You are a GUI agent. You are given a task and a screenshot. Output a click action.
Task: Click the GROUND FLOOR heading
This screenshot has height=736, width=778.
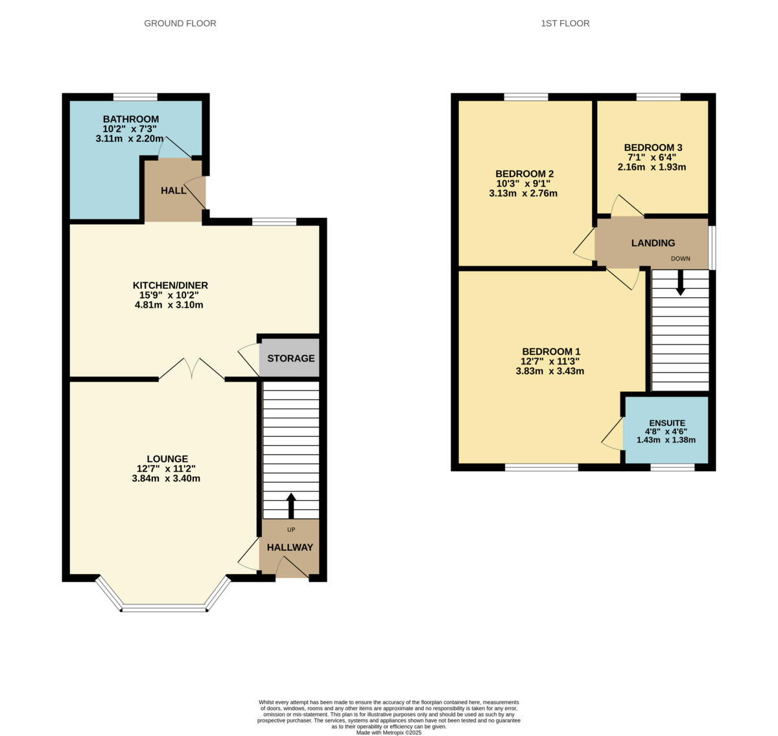point(180,23)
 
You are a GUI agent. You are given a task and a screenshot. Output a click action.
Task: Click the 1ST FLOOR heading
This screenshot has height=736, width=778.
point(565,23)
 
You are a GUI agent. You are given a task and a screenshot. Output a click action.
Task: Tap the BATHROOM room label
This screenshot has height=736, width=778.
point(130,119)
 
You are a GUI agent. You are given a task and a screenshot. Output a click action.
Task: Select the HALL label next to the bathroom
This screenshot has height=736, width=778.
point(173,190)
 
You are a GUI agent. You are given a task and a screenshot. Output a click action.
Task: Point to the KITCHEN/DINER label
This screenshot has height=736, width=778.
point(170,286)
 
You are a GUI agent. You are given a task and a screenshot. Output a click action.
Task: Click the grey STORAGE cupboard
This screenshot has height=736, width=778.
point(290,358)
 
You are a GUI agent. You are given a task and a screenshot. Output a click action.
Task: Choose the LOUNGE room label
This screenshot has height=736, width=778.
point(167,459)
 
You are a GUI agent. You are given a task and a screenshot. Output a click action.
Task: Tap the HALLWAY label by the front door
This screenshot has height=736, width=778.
point(290,547)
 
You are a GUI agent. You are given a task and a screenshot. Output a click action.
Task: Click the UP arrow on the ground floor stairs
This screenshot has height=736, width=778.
point(290,505)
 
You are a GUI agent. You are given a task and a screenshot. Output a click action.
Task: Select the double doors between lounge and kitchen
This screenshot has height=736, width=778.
point(192,369)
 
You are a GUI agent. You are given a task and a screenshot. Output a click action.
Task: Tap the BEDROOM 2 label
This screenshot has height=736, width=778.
point(524,174)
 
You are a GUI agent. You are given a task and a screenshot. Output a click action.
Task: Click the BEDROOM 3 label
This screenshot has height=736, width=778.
point(653,148)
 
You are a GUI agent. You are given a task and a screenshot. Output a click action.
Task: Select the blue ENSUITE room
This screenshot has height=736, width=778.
point(666,430)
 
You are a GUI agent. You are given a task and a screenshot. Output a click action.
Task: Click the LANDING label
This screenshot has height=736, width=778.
point(653,243)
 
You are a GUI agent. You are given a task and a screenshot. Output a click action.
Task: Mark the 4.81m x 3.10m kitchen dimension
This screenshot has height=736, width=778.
point(169,305)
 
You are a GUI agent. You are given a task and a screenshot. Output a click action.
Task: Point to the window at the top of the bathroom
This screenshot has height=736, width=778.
point(136,97)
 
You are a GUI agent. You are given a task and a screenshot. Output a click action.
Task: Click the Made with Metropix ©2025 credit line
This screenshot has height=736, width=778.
point(389,732)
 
